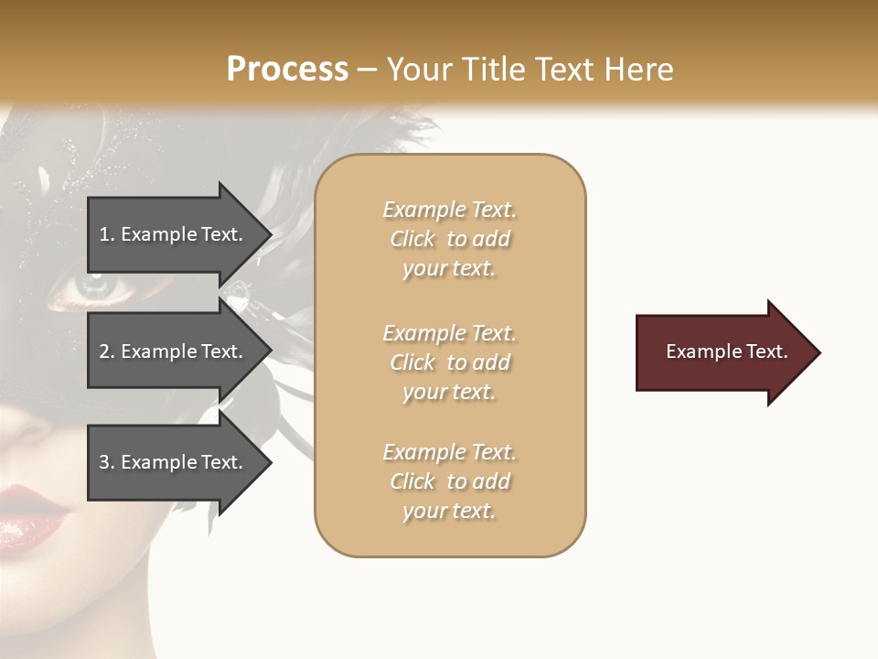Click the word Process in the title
(x=287, y=70)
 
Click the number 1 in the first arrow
(x=104, y=234)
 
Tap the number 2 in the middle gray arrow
(x=104, y=351)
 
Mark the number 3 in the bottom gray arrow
(x=104, y=462)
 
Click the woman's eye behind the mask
(x=90, y=286)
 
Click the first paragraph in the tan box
(x=449, y=239)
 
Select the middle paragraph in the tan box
(x=449, y=362)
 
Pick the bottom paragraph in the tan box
(x=449, y=481)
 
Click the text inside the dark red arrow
(x=727, y=351)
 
